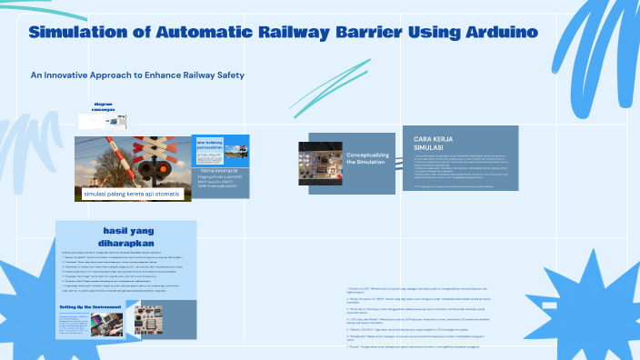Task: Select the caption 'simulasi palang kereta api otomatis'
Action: [134, 195]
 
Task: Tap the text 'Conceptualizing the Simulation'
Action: [368, 158]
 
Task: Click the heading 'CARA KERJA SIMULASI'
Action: [435, 143]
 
